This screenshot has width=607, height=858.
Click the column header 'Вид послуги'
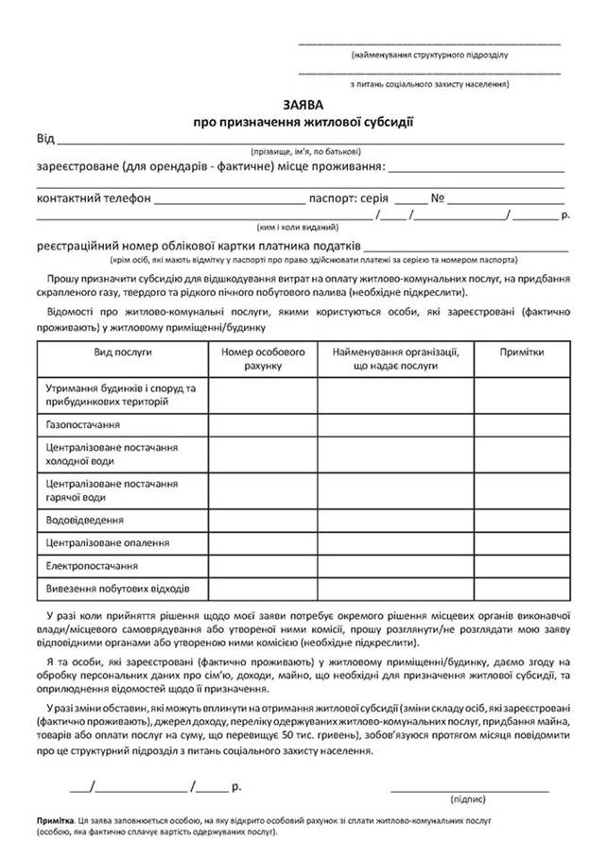coord(123,352)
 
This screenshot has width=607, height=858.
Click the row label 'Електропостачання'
coord(92,566)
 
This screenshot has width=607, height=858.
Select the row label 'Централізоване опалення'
coord(108,543)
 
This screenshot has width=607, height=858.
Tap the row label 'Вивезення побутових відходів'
coord(118,589)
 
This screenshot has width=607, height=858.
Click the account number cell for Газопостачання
coord(263,426)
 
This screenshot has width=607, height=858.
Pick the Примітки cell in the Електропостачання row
coord(522,566)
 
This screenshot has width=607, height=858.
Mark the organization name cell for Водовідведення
coord(395,520)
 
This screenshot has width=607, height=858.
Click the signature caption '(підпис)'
coord(469,798)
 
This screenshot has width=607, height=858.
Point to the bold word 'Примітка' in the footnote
coord(57,822)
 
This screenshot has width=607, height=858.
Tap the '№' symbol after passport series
coord(438,198)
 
